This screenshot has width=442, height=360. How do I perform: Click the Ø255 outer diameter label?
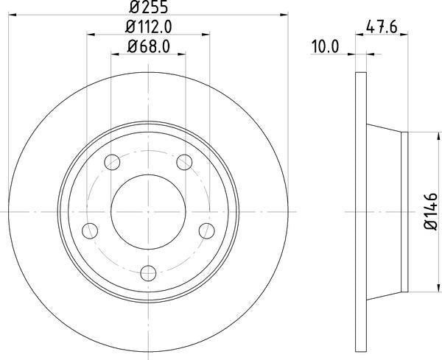(148, 8)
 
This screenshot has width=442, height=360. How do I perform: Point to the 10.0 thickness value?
(324, 48)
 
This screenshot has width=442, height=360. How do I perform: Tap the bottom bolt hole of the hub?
(148, 272)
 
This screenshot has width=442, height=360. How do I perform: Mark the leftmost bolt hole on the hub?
(90, 230)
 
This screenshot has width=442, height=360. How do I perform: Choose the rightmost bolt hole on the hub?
(207, 230)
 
